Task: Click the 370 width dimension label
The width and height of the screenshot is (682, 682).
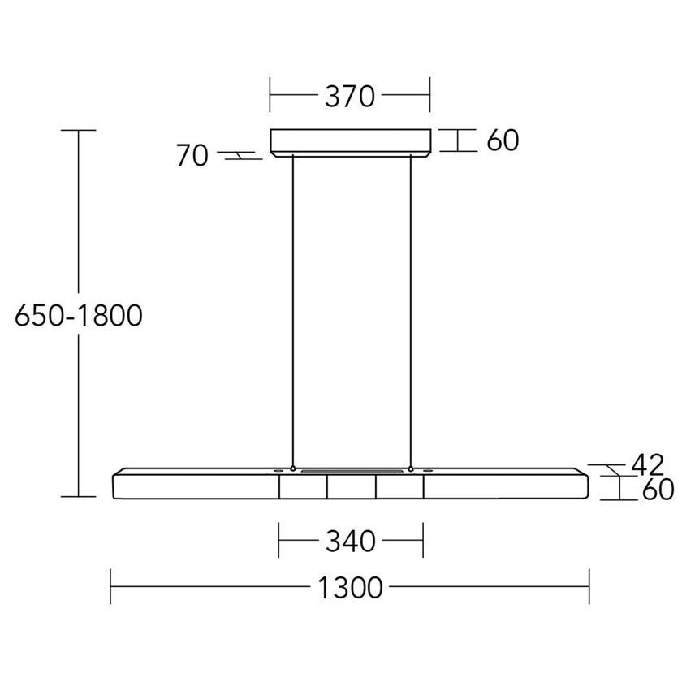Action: (350, 97)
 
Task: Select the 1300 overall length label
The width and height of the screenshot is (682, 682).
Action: (350, 586)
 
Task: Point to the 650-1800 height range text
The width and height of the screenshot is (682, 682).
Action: (79, 315)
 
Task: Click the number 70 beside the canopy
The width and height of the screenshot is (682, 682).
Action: (192, 156)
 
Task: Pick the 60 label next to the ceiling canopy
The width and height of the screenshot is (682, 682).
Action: (503, 140)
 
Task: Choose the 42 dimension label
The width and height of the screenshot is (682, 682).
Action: (647, 464)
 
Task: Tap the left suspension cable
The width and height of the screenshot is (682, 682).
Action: (293, 309)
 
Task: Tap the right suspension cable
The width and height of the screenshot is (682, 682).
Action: (411, 309)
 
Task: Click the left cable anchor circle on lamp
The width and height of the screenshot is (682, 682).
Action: (293, 469)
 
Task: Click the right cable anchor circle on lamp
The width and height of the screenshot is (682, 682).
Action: (411, 469)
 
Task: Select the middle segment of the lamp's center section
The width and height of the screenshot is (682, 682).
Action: (351, 486)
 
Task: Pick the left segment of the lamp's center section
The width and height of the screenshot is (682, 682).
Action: (303, 486)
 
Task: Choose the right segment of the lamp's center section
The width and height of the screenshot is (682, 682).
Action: (399, 486)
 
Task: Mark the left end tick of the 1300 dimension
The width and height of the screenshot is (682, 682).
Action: (111, 586)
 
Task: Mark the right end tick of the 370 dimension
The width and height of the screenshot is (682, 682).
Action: (430, 97)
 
